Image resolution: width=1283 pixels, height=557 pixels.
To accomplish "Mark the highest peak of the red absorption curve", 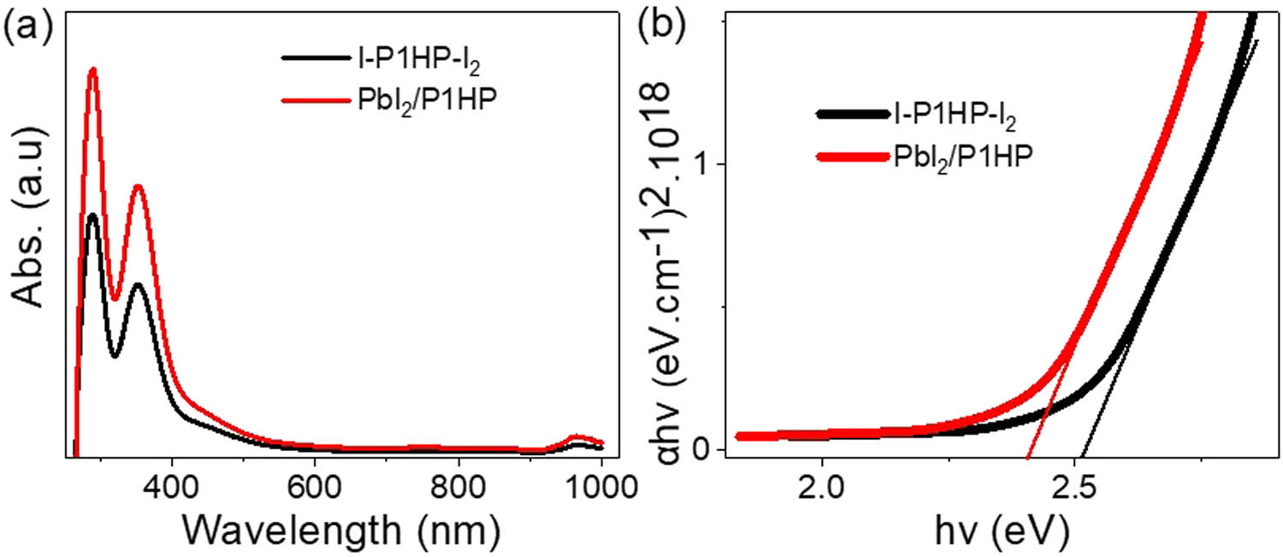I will click(x=92, y=69).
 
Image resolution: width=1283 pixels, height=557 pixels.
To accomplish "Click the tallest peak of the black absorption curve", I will click(x=92, y=214).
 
